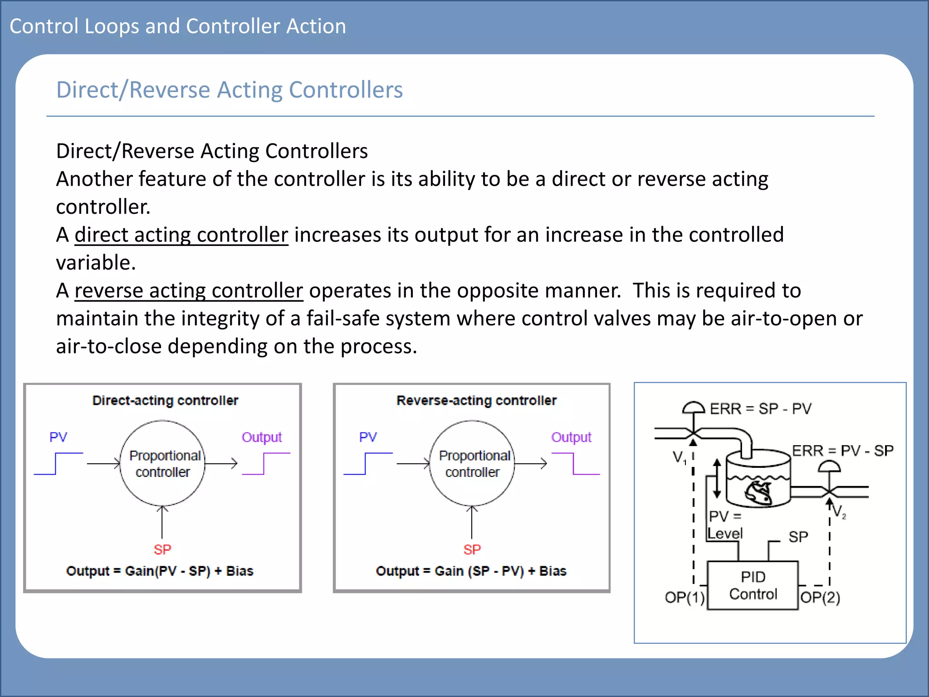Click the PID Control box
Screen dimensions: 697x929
pyautogui.click(x=753, y=585)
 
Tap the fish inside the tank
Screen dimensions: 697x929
pyautogui.click(x=758, y=492)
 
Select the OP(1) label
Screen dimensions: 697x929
pyautogui.click(x=685, y=597)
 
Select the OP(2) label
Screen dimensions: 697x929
pyautogui.click(x=820, y=597)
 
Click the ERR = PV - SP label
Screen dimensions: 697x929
pyautogui.click(x=842, y=451)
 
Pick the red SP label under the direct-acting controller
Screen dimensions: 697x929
pyautogui.click(x=162, y=550)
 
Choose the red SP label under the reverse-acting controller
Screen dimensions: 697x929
pyautogui.click(x=472, y=550)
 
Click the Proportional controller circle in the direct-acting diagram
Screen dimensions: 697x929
pyautogui.click(x=162, y=463)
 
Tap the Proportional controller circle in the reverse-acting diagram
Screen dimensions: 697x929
pyautogui.click(x=472, y=463)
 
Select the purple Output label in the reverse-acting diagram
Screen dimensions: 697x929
pyautogui.click(x=571, y=437)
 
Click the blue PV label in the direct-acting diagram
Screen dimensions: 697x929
pyautogui.click(x=58, y=437)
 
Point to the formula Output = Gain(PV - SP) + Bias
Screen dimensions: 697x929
pyautogui.click(x=160, y=571)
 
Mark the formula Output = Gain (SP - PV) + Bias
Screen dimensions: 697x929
pyautogui.click(x=471, y=571)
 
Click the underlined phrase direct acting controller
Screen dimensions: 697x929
pyautogui.click(x=181, y=235)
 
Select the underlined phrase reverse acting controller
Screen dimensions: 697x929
pyautogui.click(x=189, y=291)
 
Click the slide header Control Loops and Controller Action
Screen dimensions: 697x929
pyautogui.click(x=178, y=26)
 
